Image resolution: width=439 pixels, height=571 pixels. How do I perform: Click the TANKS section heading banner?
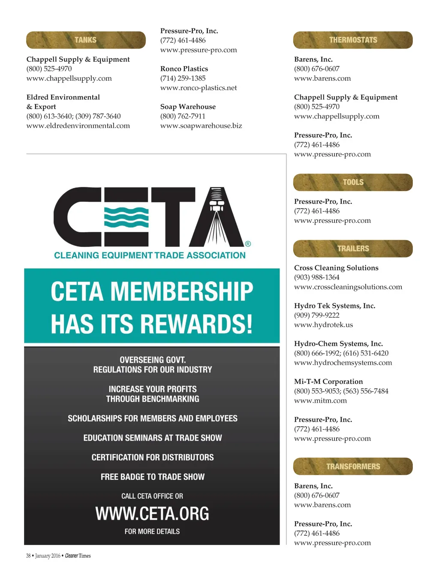click(86, 40)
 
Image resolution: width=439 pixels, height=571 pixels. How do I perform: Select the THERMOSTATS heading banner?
click(353, 40)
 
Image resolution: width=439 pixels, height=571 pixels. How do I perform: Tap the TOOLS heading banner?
click(353, 182)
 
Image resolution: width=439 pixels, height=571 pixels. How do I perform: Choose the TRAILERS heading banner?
click(353, 249)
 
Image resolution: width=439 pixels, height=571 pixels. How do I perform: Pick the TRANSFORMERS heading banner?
click(353, 466)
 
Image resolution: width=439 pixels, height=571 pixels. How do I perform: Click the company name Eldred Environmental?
click(63, 97)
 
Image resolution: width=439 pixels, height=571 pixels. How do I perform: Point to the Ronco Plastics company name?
click(184, 69)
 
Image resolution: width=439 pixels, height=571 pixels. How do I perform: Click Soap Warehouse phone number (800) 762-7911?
click(183, 116)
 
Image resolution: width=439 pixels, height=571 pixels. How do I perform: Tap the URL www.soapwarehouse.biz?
click(201, 126)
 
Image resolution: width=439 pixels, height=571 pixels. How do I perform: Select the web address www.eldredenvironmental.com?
click(78, 126)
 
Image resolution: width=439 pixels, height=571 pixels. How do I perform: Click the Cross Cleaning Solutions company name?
click(336, 268)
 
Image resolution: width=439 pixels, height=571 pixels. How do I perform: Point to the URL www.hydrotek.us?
click(323, 325)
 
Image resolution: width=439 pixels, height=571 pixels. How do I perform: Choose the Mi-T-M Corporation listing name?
click(328, 382)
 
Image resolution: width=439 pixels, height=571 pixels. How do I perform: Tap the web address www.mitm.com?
click(320, 401)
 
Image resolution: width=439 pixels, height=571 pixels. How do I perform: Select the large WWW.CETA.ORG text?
click(152, 513)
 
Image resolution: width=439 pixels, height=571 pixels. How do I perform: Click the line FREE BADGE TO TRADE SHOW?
click(152, 477)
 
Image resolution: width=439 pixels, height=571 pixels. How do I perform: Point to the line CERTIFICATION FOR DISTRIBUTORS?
click(152, 457)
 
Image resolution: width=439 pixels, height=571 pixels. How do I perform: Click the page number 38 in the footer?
click(28, 556)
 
